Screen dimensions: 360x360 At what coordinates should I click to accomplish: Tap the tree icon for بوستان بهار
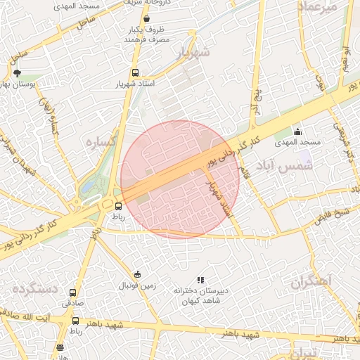(18, 72)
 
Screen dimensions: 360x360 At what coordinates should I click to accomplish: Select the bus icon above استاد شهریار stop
(135, 72)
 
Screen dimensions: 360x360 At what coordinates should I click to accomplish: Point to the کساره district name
(99, 141)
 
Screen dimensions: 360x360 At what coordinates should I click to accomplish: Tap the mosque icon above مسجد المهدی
(297, 131)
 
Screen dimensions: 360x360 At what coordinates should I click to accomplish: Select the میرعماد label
(328, 6)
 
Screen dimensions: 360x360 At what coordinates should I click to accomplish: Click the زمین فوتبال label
(136, 286)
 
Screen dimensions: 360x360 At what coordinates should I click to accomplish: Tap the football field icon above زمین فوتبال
(137, 274)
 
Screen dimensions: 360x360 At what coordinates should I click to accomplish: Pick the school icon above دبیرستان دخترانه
(201, 279)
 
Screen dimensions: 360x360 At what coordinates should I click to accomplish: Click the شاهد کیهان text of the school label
(201, 302)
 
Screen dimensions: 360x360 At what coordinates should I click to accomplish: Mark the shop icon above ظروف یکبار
(146, 19)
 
